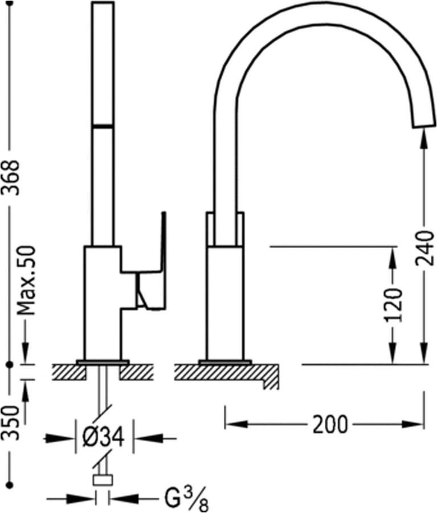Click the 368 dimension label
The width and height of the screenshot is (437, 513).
tap(11, 178)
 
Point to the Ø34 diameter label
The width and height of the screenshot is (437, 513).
tap(104, 437)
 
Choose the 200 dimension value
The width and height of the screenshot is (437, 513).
tap(330, 425)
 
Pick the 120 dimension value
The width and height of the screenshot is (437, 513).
tap(393, 305)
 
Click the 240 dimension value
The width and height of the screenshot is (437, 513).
tap(424, 248)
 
